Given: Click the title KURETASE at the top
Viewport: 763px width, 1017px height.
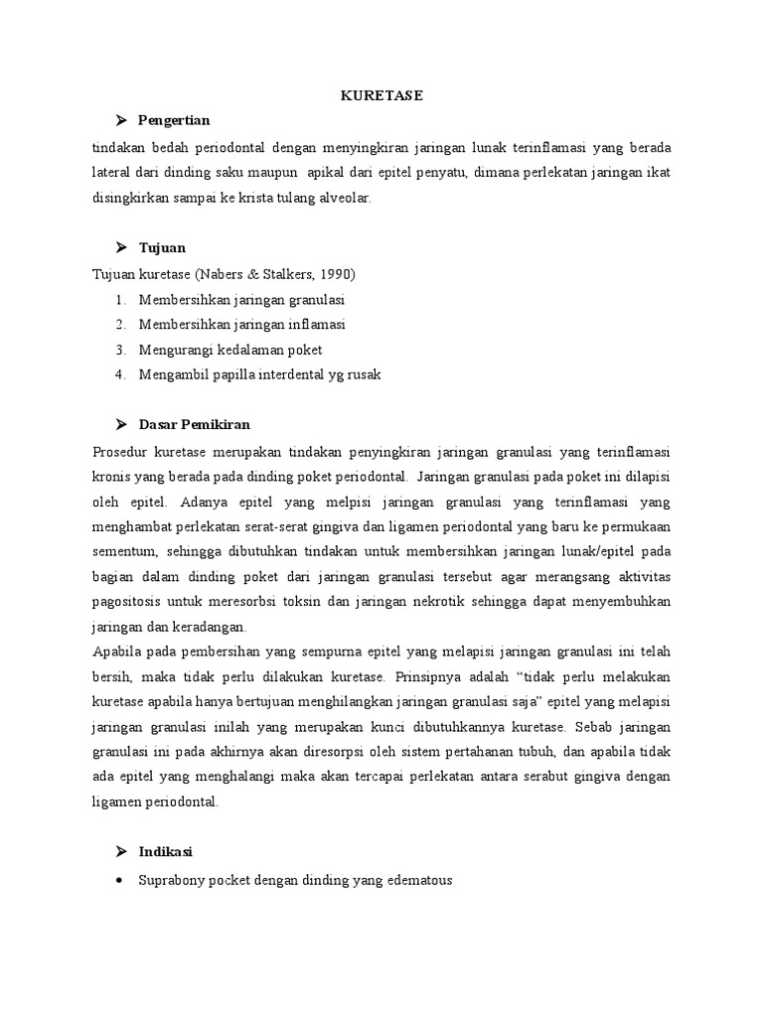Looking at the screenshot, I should [381, 95].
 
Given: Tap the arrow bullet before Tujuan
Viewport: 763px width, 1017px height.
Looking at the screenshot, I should [121, 247].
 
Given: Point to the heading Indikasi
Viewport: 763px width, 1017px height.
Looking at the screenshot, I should [166, 851].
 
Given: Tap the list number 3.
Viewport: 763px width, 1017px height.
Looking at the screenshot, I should [119, 350].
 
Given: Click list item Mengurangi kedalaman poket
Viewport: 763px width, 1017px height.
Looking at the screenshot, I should [230, 350].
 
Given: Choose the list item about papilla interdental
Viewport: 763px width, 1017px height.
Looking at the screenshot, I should [260, 375].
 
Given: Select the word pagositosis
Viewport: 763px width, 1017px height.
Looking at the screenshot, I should [126, 602].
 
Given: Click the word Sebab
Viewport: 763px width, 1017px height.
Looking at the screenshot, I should [589, 728].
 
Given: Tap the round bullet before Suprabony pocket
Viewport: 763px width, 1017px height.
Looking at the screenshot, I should [119, 880].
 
